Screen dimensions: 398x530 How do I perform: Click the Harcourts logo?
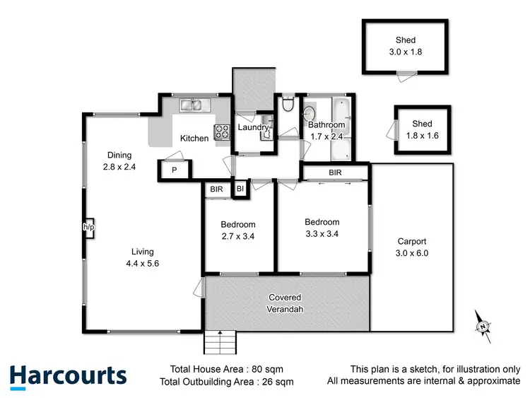click(69, 375)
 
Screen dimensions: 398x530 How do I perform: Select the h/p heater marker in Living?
click(88, 227)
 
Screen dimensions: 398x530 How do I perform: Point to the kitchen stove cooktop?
click(222, 131)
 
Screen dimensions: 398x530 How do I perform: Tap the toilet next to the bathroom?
click(287, 105)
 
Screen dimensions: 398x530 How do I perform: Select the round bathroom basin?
click(310, 112)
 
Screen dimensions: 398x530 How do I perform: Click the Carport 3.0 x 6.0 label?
click(412, 247)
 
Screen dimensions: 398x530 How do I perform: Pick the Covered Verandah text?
click(285, 303)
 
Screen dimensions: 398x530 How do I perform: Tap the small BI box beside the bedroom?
click(240, 189)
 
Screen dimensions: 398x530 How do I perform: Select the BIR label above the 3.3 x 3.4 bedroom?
click(336, 172)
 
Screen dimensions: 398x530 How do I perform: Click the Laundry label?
click(252, 127)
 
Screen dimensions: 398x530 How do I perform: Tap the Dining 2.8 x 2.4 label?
click(119, 161)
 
